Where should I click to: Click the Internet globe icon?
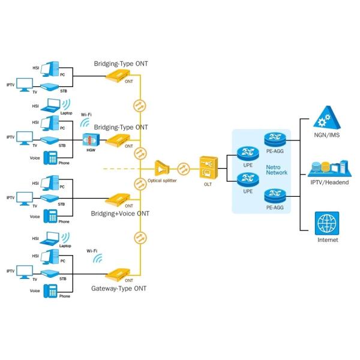coord(327,223)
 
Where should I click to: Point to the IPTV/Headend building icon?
coord(327,167)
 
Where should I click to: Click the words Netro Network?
coord(277,169)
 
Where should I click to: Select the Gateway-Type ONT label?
coord(119,289)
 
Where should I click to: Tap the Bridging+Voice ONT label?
coord(120,213)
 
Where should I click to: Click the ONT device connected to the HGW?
coord(119,140)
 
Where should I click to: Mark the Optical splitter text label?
coord(162,180)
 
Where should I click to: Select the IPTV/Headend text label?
coord(328,182)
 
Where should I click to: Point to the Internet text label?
coord(328,240)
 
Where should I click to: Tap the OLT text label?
coord(208,184)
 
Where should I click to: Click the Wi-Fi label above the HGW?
coord(86,114)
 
